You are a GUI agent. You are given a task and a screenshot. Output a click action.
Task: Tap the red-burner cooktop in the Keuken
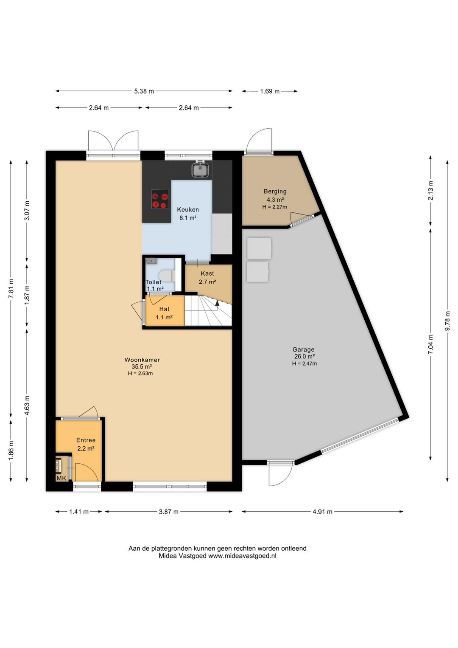pyautogui.click(x=160, y=199)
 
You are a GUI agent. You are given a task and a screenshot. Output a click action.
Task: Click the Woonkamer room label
pyautogui.click(x=142, y=360)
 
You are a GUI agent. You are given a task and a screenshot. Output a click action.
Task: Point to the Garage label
pyautogui.click(x=303, y=349)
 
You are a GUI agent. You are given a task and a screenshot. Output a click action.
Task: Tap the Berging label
pyautogui.click(x=275, y=191)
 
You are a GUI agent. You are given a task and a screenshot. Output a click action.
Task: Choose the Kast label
pyautogui.click(x=207, y=273)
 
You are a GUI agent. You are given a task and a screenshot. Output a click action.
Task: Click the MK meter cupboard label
pyautogui.click(x=61, y=478)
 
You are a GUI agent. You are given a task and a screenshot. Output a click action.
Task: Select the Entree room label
pyautogui.click(x=86, y=440)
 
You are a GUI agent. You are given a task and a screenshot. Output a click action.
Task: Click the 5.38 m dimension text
pyautogui.click(x=144, y=91)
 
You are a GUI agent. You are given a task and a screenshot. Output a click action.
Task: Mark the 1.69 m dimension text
pyautogui.click(x=270, y=91)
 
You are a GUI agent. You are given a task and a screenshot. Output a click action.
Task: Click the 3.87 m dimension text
pyautogui.click(x=169, y=512)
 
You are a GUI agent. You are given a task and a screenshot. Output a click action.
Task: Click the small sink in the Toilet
pyautogui.click(x=151, y=261)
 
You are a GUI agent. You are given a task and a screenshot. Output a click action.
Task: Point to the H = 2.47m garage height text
pyautogui.click(x=304, y=363)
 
